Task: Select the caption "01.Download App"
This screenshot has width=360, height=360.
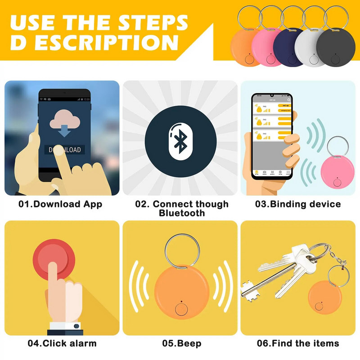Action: [60, 204]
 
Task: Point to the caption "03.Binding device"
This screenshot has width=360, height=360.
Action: [298, 204]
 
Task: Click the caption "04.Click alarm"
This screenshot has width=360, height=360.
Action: [62, 343]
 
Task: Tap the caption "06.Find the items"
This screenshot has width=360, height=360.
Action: [298, 343]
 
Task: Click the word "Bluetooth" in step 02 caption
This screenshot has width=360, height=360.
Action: [182, 213]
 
